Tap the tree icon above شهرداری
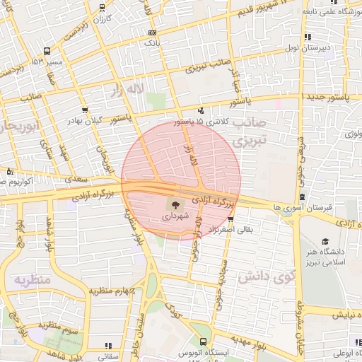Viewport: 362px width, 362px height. [x=173, y=206]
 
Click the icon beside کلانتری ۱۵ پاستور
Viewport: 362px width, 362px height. [x=202, y=110]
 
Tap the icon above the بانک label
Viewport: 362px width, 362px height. [x=152, y=33]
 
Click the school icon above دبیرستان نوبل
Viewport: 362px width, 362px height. [x=307, y=37]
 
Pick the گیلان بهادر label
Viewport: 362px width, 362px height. [x=84, y=121]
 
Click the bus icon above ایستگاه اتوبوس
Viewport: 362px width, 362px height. [x=204, y=341]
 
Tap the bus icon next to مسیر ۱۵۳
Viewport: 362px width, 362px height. [x=47, y=51]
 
